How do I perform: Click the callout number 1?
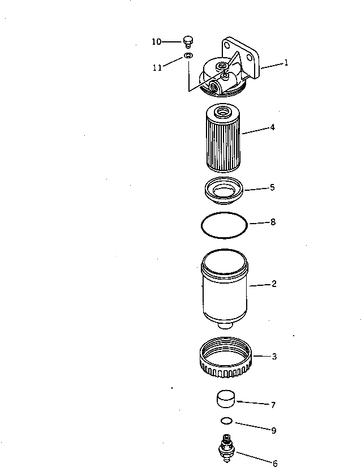[286, 63]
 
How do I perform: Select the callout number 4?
[272, 127]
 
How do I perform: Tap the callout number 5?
[272, 187]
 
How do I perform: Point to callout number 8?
[273, 222]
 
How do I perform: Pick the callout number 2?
[274, 284]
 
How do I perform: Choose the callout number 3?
[274, 357]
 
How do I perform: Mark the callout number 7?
[273, 405]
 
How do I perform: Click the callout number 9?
[273, 431]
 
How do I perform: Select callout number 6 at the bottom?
[275, 463]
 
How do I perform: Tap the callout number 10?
[156, 41]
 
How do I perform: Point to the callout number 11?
[157, 67]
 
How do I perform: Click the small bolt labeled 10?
[188, 41]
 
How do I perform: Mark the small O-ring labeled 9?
[226, 421]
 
